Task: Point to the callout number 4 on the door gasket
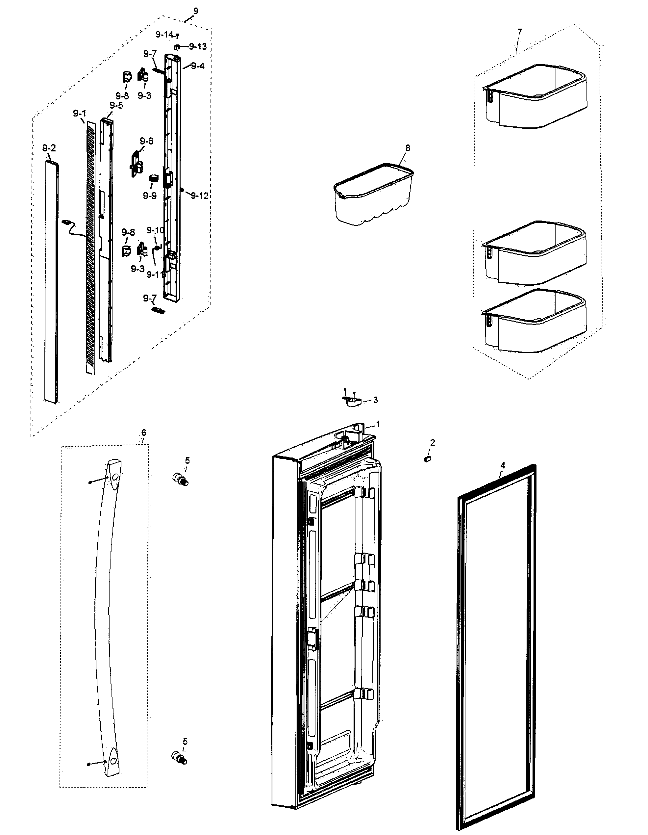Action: tap(503, 465)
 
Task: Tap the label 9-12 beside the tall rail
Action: tap(199, 196)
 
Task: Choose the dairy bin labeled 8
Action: tap(373, 194)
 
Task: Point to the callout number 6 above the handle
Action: tap(144, 432)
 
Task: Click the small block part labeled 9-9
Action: tap(154, 178)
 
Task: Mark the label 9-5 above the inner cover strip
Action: tap(116, 106)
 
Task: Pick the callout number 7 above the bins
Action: tap(519, 32)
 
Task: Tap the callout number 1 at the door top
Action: tap(378, 424)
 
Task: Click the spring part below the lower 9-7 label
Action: tap(159, 310)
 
